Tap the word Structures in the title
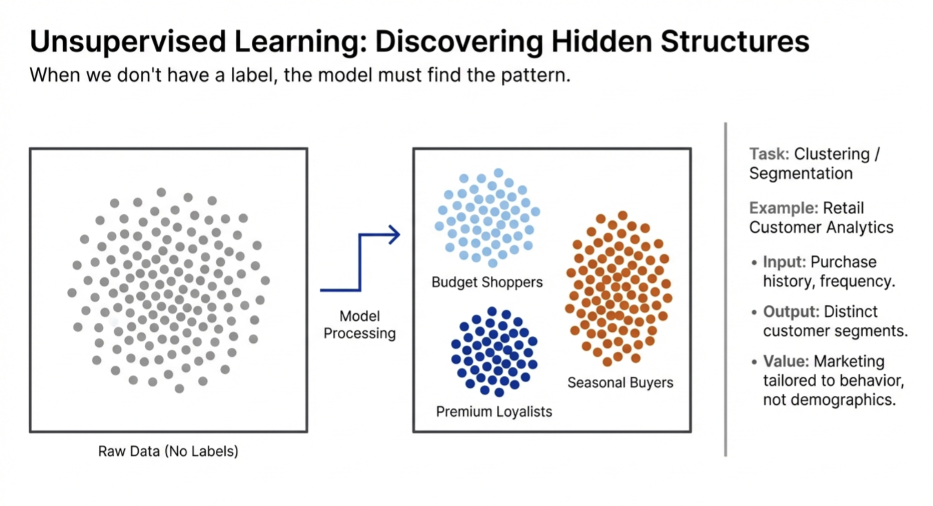pos(735,41)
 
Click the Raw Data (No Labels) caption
pos(168,451)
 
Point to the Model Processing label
pos(359,325)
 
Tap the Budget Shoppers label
pos(487,282)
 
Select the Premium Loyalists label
pos(494,411)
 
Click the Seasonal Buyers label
pos(620,382)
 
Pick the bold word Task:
pos(769,154)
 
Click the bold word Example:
pos(783,208)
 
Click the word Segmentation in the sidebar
pos(801,173)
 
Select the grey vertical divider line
pos(726,290)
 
